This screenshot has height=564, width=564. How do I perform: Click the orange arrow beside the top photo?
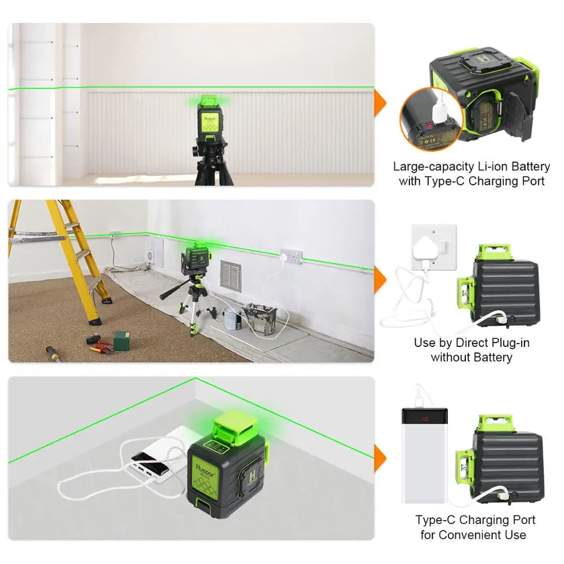tap(381, 103)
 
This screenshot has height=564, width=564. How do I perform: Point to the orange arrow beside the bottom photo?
tap(381, 456)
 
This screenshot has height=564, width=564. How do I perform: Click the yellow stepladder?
tap(62, 254)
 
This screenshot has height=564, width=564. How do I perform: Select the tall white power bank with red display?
tap(424, 454)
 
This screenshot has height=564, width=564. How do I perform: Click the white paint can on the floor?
tap(231, 319)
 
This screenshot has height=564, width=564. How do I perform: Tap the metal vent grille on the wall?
tap(230, 276)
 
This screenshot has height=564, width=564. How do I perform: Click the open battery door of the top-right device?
tap(519, 116)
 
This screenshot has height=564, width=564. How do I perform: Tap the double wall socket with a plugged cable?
tap(293, 257)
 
